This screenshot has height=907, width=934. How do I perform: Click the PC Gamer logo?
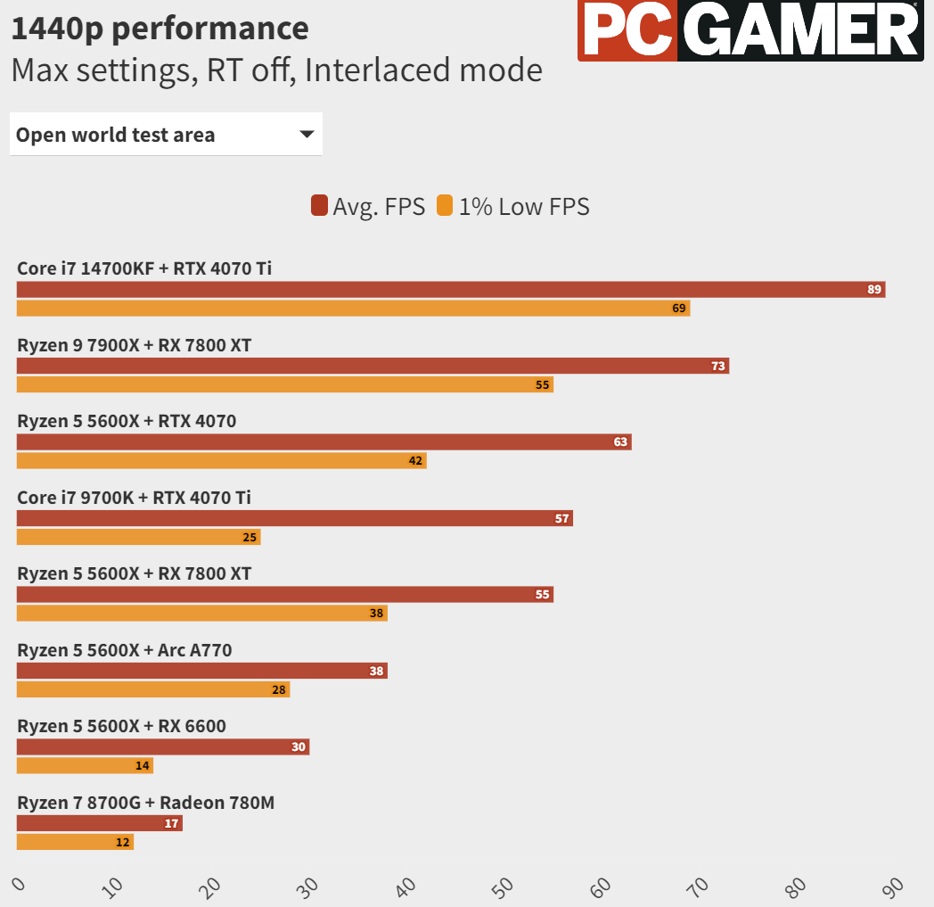(x=750, y=30)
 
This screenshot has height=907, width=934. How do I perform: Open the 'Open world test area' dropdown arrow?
(x=307, y=134)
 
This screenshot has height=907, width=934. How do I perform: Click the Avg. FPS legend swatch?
(x=319, y=206)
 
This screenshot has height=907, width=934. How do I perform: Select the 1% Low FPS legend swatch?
(x=445, y=206)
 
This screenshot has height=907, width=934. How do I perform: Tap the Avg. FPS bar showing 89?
(x=451, y=290)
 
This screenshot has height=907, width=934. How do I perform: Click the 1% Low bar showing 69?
(x=353, y=308)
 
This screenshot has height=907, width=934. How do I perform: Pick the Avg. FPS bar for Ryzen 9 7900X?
(x=373, y=366)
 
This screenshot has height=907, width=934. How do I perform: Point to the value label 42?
(x=416, y=461)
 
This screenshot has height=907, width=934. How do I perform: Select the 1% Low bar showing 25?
(x=139, y=537)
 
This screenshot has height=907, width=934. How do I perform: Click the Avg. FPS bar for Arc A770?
(x=202, y=671)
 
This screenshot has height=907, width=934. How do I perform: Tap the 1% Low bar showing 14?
(x=86, y=766)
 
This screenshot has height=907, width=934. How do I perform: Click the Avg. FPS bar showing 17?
(x=100, y=823)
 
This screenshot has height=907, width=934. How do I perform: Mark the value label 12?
(x=123, y=842)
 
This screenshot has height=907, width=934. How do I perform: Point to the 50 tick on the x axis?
(x=503, y=887)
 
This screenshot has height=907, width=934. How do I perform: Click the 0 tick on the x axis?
(x=19, y=884)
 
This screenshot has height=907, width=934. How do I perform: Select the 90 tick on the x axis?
(x=893, y=887)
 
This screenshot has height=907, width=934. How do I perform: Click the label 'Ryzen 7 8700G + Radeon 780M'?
(x=146, y=803)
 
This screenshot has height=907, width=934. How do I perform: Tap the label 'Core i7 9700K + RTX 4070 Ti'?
(x=134, y=498)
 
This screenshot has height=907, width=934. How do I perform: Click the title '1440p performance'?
(x=160, y=29)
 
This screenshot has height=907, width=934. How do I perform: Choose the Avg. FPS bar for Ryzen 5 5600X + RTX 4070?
(x=324, y=442)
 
